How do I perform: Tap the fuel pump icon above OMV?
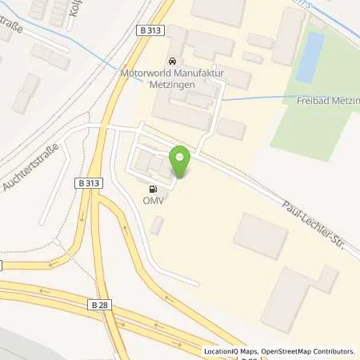click(151, 190)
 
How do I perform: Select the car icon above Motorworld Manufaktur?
click(171, 61)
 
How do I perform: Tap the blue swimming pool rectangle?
click(310, 57)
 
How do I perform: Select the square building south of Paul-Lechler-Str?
click(260, 235)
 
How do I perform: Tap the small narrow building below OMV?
click(157, 226)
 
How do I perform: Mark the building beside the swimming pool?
click(286, 36)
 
